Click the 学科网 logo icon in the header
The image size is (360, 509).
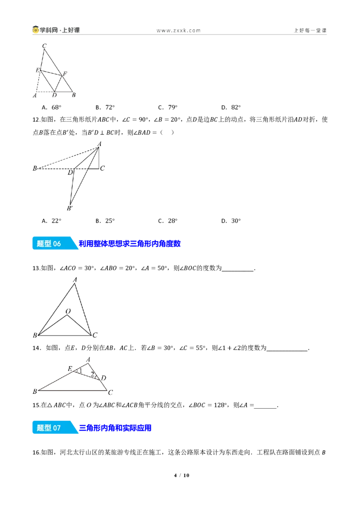pos(36,30)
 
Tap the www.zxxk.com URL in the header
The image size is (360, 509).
pos(179,31)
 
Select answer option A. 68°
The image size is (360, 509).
pos(52,107)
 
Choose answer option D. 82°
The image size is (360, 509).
pos(231,107)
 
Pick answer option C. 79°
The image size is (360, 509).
pos(168,107)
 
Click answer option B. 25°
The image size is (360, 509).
pos(105,221)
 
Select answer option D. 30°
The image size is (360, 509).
pos(231,221)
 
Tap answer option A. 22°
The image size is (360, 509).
pos(52,221)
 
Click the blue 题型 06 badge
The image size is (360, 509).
pos(54,243)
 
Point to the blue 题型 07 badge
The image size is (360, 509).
pos(54,428)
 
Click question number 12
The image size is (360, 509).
pos(36,120)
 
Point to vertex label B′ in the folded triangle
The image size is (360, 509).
pos(70,208)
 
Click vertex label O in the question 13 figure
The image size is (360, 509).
pos(68,311)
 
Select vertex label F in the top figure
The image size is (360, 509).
pos(65,74)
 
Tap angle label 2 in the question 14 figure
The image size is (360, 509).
pos(92,374)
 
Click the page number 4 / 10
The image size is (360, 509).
pos(182,475)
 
